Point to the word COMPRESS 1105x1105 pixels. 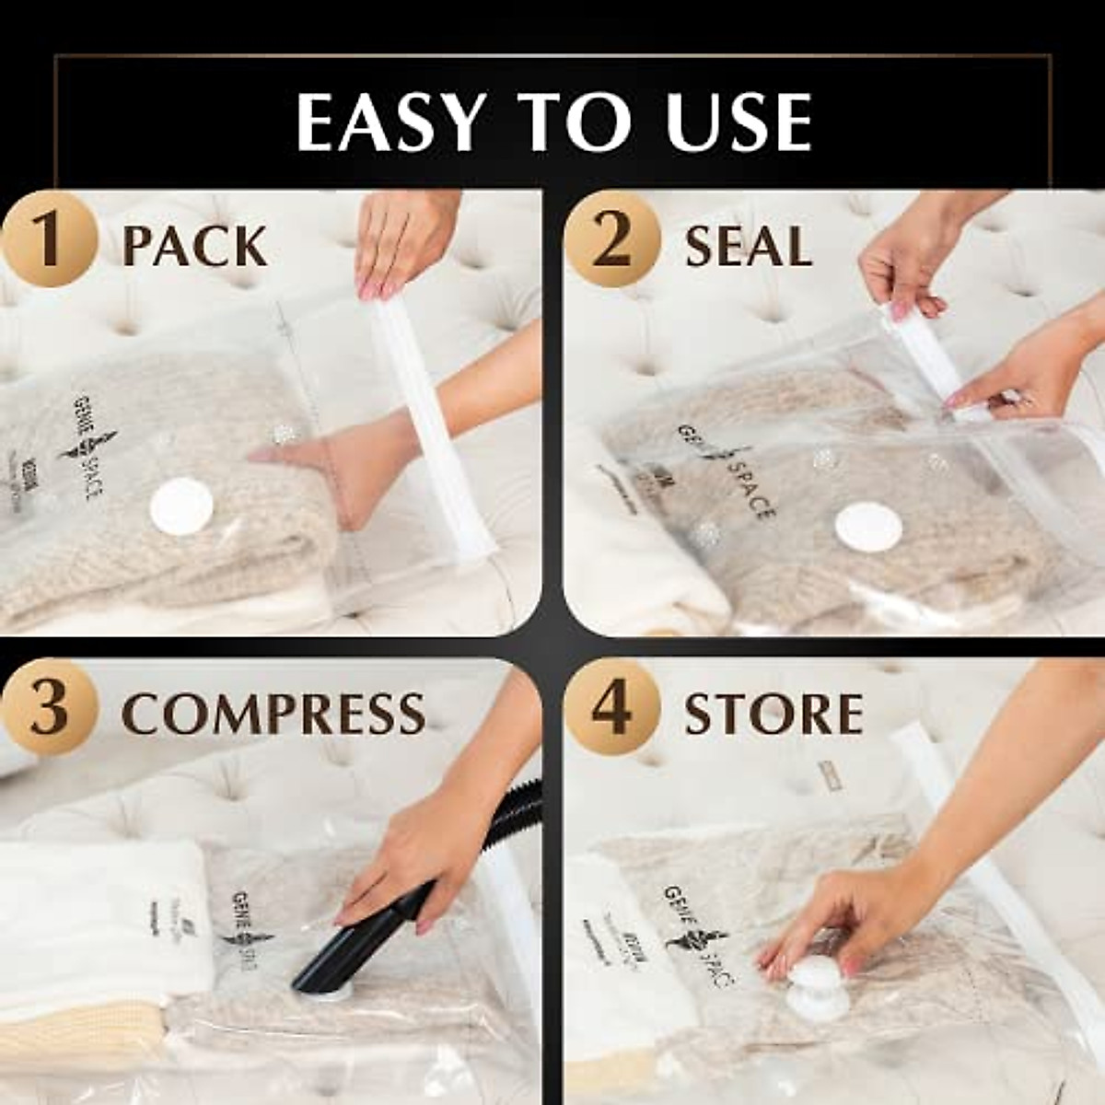pyautogui.click(x=273, y=714)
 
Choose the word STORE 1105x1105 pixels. pyautogui.click(x=773, y=714)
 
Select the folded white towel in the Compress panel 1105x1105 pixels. pyautogui.click(x=101, y=921)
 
